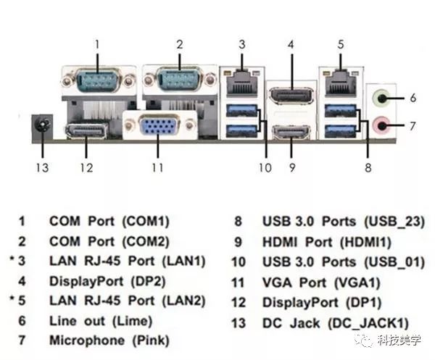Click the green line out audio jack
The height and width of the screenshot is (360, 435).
[381, 98]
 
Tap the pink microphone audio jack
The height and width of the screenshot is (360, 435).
[381, 125]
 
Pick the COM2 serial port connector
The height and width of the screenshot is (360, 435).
[179, 78]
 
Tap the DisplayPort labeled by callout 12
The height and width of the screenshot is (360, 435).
[86, 132]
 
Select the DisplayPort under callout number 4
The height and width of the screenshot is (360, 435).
[290, 95]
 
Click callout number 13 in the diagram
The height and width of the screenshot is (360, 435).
[42, 168]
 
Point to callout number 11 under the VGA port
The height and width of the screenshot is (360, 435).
[154, 168]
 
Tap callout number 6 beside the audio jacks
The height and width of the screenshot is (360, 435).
[413, 97]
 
